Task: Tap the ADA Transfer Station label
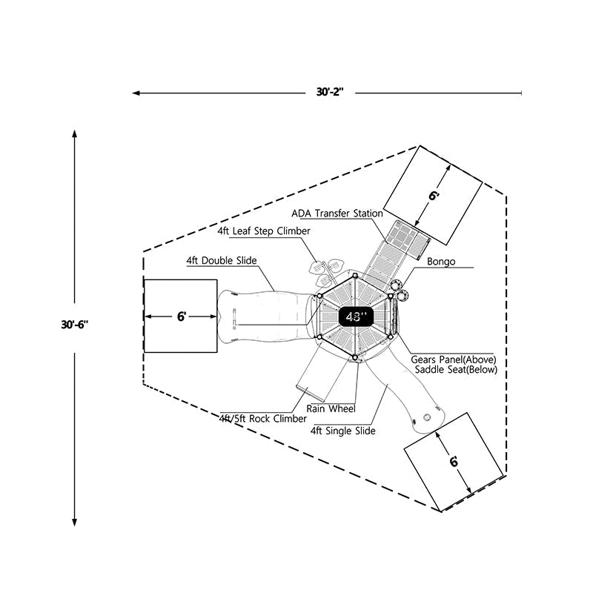337,213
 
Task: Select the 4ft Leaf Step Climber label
264,231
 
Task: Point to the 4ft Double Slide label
222,261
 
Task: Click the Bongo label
442,262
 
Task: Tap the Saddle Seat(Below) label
454,369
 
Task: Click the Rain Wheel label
331,408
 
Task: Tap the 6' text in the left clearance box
181,316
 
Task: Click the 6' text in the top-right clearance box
434,196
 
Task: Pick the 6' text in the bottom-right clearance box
453,461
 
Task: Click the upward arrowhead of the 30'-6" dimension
74,133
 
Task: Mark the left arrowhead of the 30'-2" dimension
136,93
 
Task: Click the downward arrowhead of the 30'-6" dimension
74,522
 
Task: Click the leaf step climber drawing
325,271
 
